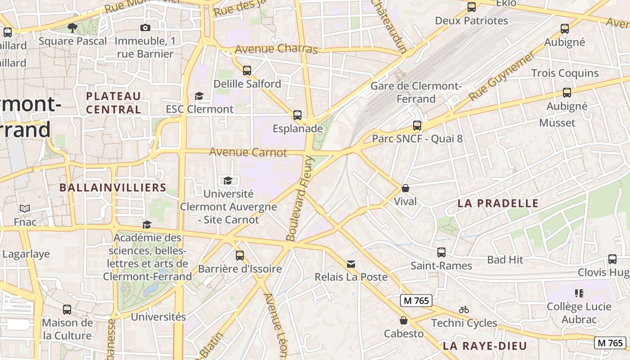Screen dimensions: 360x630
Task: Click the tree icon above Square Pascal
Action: [x=72, y=28]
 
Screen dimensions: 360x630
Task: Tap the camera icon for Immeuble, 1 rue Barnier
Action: [x=145, y=28]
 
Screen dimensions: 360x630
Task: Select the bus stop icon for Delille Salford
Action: [x=247, y=70]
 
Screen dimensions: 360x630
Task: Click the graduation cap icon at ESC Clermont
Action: [x=199, y=96]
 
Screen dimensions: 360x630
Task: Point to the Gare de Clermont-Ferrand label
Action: [x=415, y=92]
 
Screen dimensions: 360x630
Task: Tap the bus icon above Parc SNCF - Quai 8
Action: [x=417, y=126]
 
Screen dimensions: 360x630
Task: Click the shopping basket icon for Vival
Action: [x=405, y=188]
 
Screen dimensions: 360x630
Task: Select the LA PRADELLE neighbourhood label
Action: [x=498, y=203]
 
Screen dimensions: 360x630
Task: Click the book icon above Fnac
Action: [x=25, y=209]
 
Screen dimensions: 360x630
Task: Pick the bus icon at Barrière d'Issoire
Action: [x=240, y=256]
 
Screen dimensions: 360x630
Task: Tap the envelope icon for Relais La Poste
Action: [x=351, y=264]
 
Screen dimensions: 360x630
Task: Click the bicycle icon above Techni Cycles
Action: [x=464, y=310]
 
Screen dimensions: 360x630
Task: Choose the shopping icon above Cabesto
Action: [x=404, y=320]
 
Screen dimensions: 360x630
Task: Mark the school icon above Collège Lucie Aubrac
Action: [x=579, y=293]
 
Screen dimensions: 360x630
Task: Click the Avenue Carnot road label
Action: [x=248, y=153]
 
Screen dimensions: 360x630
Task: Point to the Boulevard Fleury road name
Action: [x=299, y=198]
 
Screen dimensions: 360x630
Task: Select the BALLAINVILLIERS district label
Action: [x=113, y=188]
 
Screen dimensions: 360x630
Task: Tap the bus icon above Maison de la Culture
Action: [x=67, y=310]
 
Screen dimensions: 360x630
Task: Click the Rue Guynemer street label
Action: [x=502, y=76]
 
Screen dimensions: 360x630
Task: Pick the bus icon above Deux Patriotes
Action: [x=472, y=7]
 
